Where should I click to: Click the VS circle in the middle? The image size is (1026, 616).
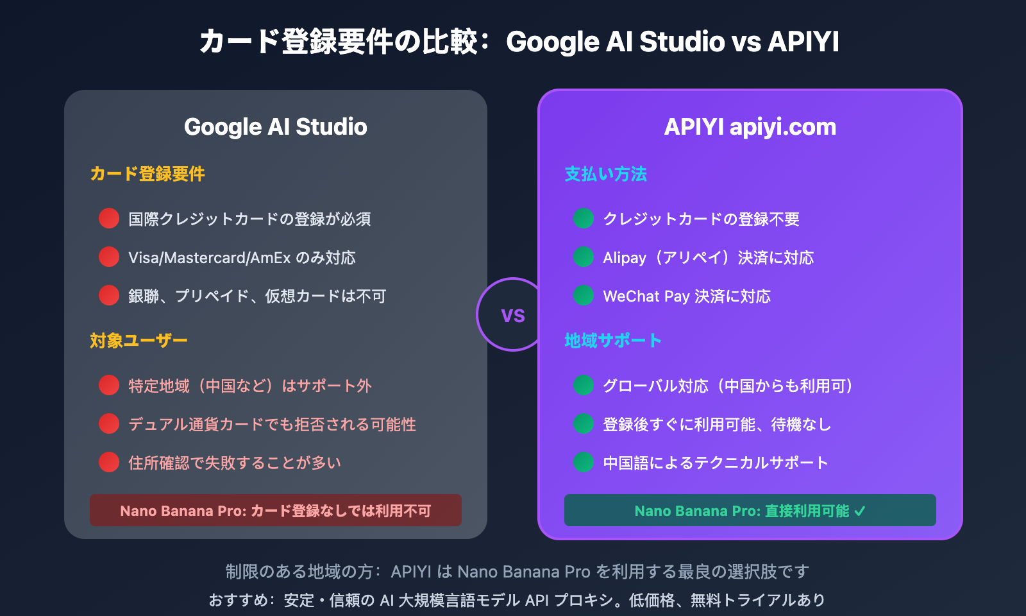click(x=512, y=314)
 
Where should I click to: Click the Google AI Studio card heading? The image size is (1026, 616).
click(x=276, y=127)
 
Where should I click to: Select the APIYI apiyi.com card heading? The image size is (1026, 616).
click(x=750, y=127)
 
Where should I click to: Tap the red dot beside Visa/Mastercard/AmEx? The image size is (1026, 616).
click(x=109, y=257)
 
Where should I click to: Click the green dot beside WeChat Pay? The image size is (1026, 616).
click(x=584, y=295)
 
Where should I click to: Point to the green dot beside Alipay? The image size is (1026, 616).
click(x=584, y=257)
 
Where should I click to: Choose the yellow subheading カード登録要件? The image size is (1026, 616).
click(x=147, y=174)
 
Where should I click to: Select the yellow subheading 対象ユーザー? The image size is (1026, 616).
click(x=139, y=340)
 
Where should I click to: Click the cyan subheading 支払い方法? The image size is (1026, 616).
click(x=605, y=174)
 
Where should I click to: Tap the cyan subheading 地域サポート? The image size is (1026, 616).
click(x=612, y=340)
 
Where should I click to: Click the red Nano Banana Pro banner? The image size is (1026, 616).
click(x=276, y=510)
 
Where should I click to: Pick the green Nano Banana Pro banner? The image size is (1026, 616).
click(x=750, y=510)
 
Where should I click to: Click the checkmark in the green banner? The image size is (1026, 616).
click(x=860, y=511)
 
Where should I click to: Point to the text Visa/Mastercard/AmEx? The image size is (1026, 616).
click(x=210, y=258)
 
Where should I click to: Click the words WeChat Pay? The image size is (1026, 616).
click(x=646, y=296)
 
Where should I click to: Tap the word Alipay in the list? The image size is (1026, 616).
click(x=625, y=258)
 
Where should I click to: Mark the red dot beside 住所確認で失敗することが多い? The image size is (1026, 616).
click(x=109, y=462)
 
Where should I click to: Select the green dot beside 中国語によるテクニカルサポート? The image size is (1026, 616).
click(x=584, y=462)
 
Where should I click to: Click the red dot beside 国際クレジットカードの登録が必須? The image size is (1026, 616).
click(x=109, y=218)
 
